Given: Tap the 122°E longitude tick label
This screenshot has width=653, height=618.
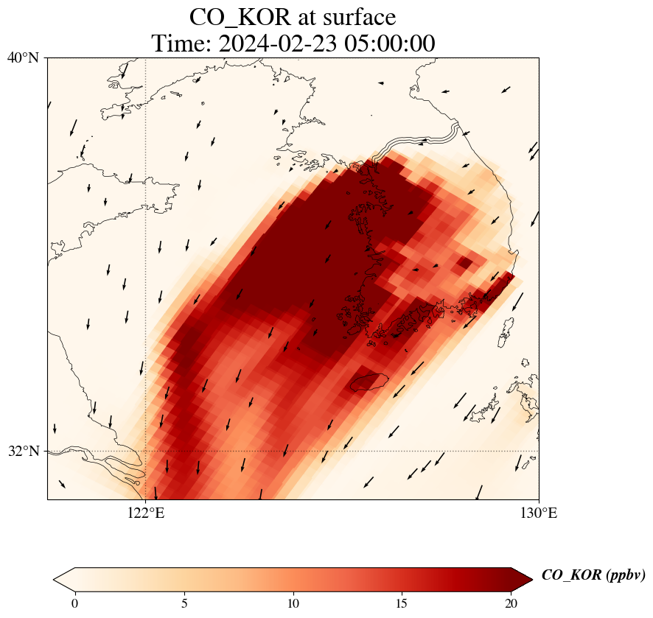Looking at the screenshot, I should [146, 513].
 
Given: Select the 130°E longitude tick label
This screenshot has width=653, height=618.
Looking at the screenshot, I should [539, 513].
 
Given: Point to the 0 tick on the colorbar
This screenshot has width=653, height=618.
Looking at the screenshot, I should [74, 603].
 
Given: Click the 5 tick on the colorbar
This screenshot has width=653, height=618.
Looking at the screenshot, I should [184, 603].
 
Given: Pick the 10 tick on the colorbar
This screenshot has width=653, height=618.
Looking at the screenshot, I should [293, 603].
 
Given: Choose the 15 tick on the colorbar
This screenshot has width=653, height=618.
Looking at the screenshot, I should [402, 603].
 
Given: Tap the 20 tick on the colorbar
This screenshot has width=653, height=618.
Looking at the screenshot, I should [511, 603].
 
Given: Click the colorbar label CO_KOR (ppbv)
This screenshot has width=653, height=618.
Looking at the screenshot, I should [593, 575].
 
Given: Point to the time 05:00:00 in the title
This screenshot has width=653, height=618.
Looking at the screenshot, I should [388, 43].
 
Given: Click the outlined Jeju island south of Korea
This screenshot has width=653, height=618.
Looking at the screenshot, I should [369, 382].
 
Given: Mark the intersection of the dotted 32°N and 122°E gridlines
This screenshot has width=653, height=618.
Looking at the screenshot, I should [146, 451].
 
